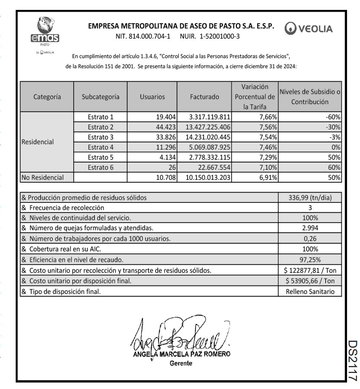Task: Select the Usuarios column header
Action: pos(152,97)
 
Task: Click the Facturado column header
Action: pos(204,97)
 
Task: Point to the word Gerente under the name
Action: pos(181,363)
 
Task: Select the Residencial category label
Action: pos(38,142)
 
